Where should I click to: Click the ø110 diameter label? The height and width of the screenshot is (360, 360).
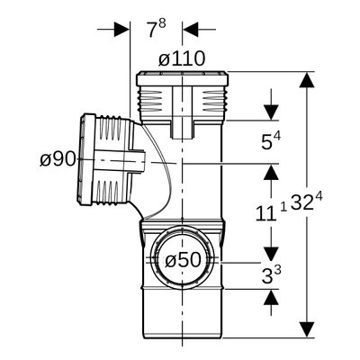(182, 58)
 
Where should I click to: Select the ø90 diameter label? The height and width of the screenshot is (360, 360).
(58, 158)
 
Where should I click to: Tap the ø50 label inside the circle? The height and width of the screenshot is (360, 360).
(183, 259)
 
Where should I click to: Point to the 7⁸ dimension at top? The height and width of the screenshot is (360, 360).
(157, 29)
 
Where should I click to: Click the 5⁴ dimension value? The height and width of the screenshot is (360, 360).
(271, 141)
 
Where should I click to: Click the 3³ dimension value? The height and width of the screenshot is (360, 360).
(271, 275)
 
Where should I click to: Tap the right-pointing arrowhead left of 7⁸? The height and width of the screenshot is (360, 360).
(121, 30)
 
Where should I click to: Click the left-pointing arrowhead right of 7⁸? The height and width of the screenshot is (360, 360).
(190, 30)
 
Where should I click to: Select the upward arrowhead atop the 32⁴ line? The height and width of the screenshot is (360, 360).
(307, 80)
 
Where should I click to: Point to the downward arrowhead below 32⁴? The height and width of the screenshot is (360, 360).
(307, 329)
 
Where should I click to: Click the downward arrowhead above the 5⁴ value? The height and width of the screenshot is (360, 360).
(271, 112)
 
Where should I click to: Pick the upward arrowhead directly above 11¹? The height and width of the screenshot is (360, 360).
(271, 172)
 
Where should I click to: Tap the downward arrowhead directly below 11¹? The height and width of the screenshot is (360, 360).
(271, 254)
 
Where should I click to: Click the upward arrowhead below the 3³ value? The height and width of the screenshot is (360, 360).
(271, 297)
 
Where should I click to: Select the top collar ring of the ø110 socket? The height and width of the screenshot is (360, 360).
(182, 77)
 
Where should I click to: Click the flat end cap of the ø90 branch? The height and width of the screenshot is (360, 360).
(85, 159)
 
